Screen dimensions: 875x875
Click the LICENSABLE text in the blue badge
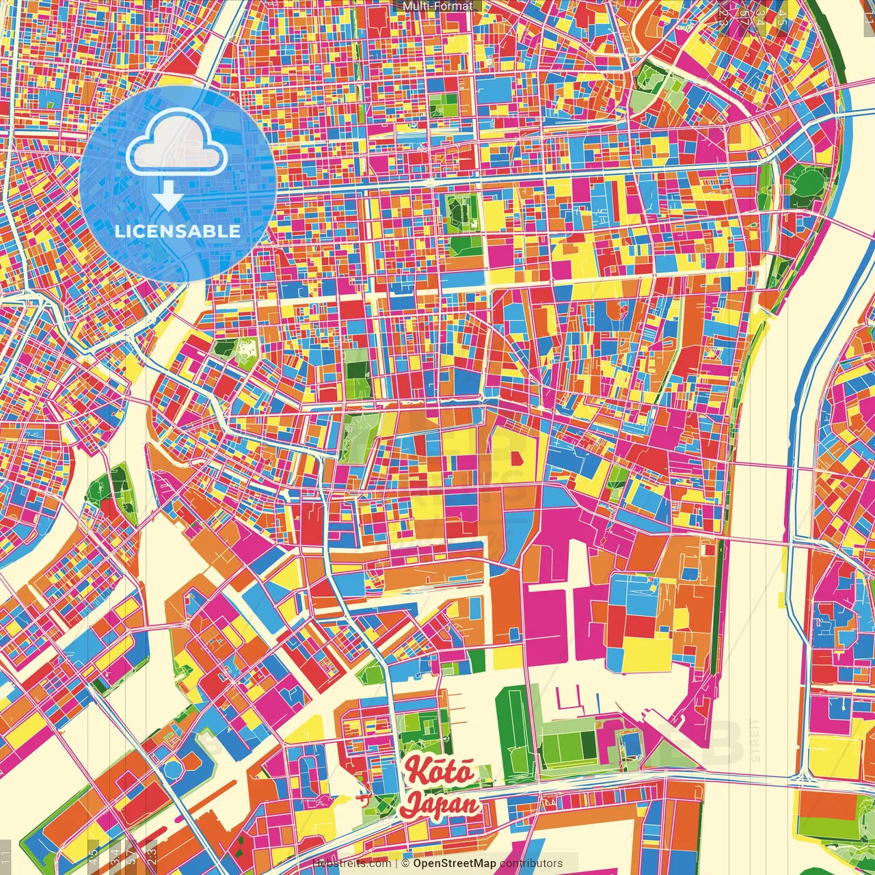178,231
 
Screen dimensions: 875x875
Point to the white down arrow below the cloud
167,196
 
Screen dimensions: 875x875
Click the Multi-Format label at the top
437,6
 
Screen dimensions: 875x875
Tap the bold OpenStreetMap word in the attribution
455,863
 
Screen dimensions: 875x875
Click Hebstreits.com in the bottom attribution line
351,863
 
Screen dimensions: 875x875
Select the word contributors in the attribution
531,863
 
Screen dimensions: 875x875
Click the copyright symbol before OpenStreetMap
405,863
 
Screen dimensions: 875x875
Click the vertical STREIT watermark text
755,740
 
